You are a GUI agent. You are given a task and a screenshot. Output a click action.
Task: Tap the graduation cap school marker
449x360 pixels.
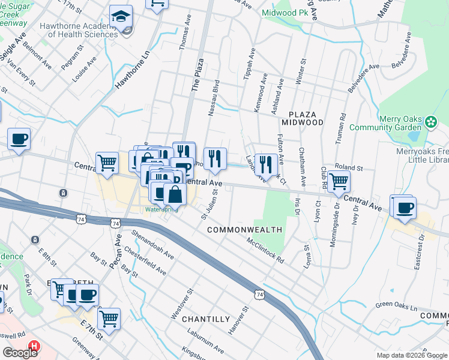tap(121, 18)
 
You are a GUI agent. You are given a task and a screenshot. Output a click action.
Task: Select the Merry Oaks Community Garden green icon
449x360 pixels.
tap(430, 122)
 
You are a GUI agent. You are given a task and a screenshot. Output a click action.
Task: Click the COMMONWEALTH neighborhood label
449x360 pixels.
tap(245, 230)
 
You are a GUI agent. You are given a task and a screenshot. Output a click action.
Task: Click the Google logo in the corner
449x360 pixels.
tap(19, 353)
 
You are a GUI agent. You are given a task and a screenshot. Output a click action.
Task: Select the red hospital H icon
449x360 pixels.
tap(35, 347)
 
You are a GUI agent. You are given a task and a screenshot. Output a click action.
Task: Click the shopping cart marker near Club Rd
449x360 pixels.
tap(339, 181)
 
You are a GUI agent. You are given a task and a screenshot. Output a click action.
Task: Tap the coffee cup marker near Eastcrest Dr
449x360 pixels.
tap(405, 207)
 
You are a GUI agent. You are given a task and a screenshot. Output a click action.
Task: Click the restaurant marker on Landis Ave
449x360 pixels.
tap(266, 164)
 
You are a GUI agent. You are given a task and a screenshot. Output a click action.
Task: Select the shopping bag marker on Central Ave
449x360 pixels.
tap(175, 194)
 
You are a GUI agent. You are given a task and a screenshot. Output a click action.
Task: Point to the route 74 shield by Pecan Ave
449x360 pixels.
tap(115, 223)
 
